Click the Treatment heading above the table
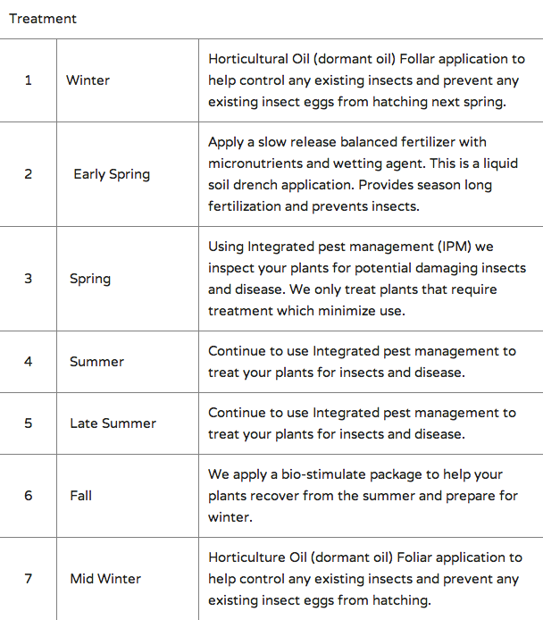coord(43,19)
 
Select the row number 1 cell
coord(28,80)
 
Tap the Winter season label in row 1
coord(88,80)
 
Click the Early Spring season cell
coord(112,174)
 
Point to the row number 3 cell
coord(28,279)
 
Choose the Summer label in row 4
coord(96,362)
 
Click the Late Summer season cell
coord(113,423)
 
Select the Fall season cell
coord(80,496)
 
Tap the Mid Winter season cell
coord(105,579)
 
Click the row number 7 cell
coord(28,579)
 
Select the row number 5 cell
coord(28,423)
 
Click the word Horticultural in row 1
coord(254,60)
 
